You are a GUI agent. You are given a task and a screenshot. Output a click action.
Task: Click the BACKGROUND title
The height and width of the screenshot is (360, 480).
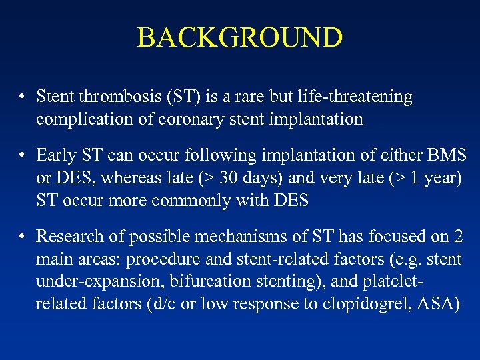pyautogui.click(x=240, y=38)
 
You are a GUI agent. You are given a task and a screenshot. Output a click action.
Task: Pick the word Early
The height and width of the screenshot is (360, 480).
pyautogui.click(x=56, y=155)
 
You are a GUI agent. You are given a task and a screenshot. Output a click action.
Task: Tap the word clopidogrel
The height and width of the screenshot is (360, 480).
pyautogui.click(x=359, y=305)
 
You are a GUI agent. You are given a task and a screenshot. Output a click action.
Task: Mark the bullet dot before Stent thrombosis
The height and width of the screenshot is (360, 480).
pyautogui.click(x=23, y=98)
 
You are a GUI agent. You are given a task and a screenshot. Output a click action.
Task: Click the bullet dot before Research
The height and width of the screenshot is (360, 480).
pyautogui.click(x=23, y=237)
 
